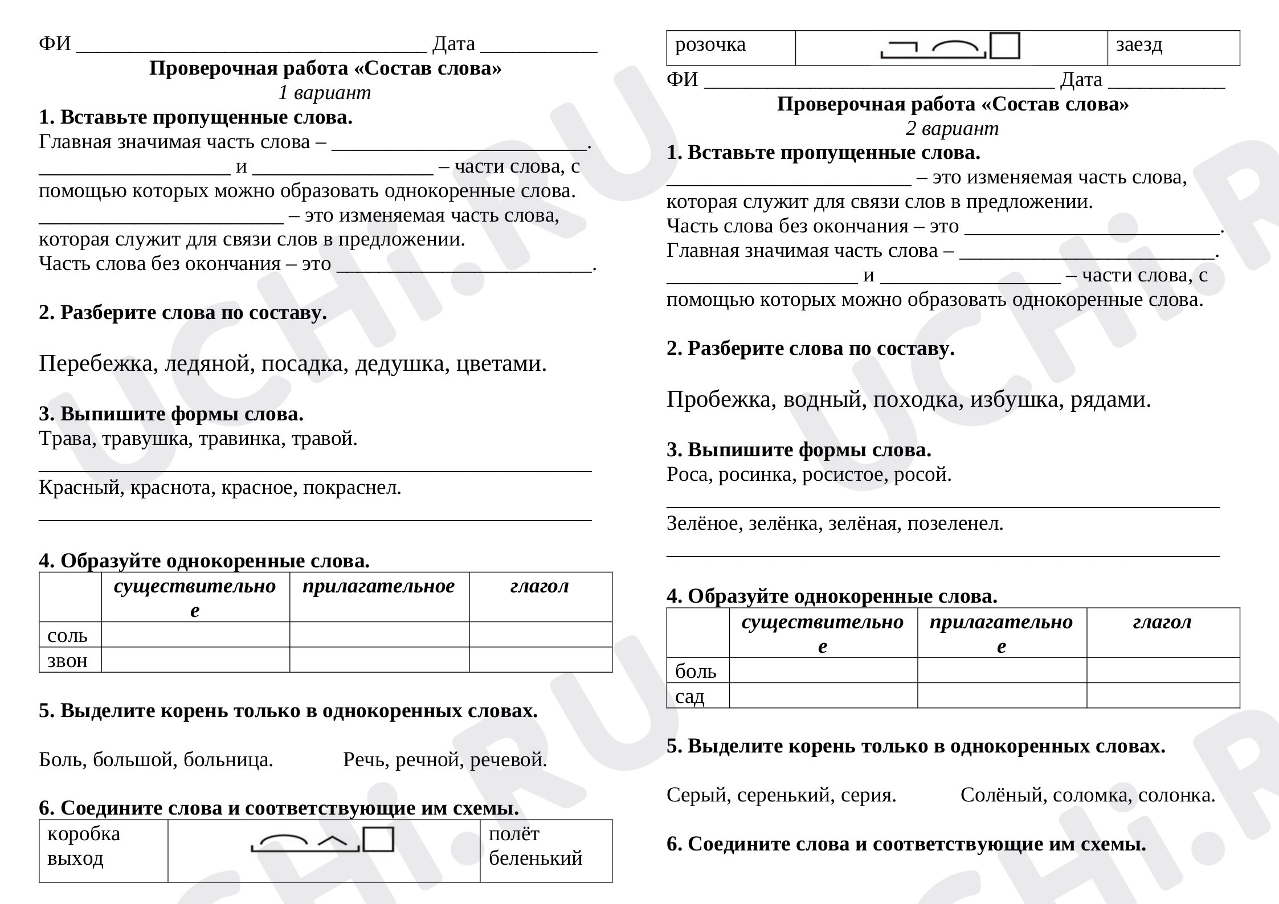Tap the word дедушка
point(402,363)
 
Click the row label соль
point(67,635)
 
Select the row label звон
point(67,660)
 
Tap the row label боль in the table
point(696,671)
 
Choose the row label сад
point(690,696)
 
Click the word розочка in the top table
point(710,44)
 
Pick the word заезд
point(1139,44)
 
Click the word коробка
point(84,834)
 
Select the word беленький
point(536,858)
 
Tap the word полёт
point(514,834)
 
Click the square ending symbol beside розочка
point(1004,46)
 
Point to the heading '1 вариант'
point(324,92)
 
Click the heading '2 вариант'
point(952,128)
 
